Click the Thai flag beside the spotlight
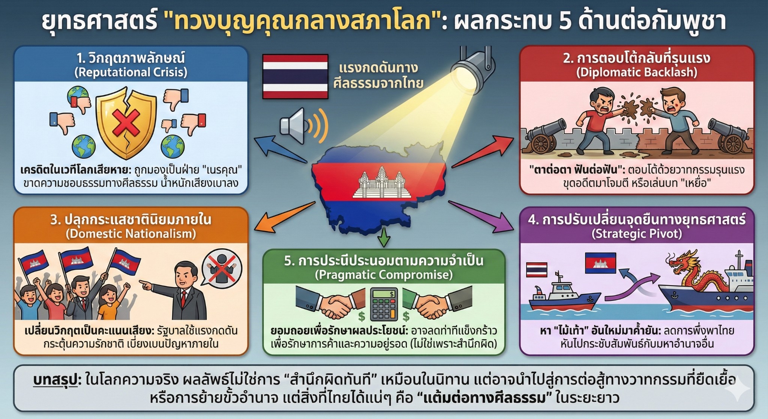pyautogui.click(x=295, y=77)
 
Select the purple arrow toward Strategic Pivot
pyautogui.click(x=481, y=216)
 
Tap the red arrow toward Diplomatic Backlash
pyautogui.click(x=483, y=151)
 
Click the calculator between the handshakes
pyautogui.click(x=384, y=304)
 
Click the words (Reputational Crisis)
pyautogui.click(x=131, y=72)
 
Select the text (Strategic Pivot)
pyautogui.click(x=637, y=234)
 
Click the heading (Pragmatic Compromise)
pyautogui.click(x=384, y=275)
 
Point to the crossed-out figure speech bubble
pyautogui.click(x=222, y=269)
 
